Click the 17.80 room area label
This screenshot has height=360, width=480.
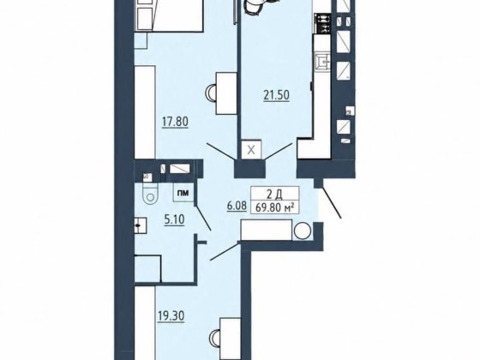tap(175, 122)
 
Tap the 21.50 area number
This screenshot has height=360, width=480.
tap(276, 95)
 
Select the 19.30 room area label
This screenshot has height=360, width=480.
tap(171, 316)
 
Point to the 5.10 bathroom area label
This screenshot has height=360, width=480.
tap(174, 219)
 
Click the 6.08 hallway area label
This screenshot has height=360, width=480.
tap(237, 206)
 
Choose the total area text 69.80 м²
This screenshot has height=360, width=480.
tap(274, 207)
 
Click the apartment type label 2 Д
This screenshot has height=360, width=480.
tap(274, 194)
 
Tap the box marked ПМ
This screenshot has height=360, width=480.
tap(184, 193)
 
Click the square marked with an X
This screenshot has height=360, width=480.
tap(251, 150)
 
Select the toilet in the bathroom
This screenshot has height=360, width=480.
tap(151, 193)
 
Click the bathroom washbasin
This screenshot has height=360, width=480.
tap(141, 225)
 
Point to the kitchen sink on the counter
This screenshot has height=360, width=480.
tap(322, 63)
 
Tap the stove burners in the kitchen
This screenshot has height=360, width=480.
tap(322, 24)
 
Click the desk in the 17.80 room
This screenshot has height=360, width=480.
tap(227, 93)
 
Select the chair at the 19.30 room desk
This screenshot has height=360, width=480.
tap(214, 339)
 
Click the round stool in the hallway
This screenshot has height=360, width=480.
tap(303, 231)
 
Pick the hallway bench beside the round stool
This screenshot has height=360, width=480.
tap(267, 230)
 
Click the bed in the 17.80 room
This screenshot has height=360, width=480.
tap(170, 15)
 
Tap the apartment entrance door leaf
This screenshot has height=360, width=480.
tap(332, 203)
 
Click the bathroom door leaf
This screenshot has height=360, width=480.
tap(203, 218)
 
